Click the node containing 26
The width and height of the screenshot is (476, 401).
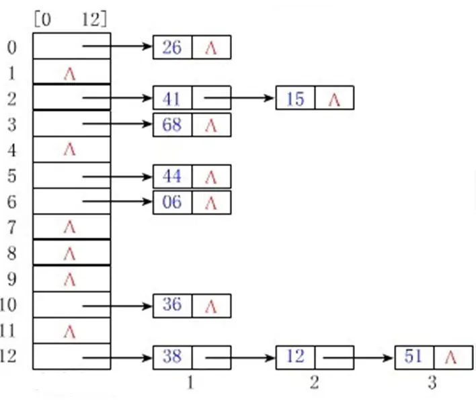coord(172,48)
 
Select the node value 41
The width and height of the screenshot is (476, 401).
coord(172,99)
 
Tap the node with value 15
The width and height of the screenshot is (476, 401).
coord(295,99)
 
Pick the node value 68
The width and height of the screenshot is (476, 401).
coord(172,125)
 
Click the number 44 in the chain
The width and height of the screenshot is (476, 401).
coord(172,177)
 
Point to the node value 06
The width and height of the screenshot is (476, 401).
coord(172,202)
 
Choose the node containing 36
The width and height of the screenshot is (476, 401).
coord(172,306)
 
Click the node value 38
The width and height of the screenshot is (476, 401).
coord(172,357)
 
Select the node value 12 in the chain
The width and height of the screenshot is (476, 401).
coord(295,357)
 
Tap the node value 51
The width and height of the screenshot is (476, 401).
coord(413,357)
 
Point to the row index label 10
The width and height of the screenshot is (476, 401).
coord(11,306)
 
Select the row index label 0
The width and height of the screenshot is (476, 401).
coord(11,48)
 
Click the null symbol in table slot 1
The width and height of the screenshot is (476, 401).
coord(69,74)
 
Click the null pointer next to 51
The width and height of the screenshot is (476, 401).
coord(452,357)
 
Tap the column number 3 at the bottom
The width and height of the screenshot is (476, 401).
coord(432,384)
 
